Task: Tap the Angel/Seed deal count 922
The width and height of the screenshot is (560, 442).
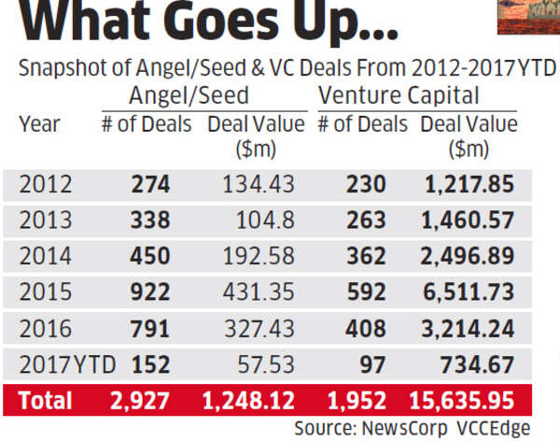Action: click(x=149, y=292)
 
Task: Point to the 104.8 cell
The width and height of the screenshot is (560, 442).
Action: click(x=266, y=221)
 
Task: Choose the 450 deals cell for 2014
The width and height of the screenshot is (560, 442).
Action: click(x=149, y=256)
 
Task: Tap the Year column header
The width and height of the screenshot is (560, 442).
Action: click(x=39, y=124)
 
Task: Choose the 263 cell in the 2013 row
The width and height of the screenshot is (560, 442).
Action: click(x=367, y=221)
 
